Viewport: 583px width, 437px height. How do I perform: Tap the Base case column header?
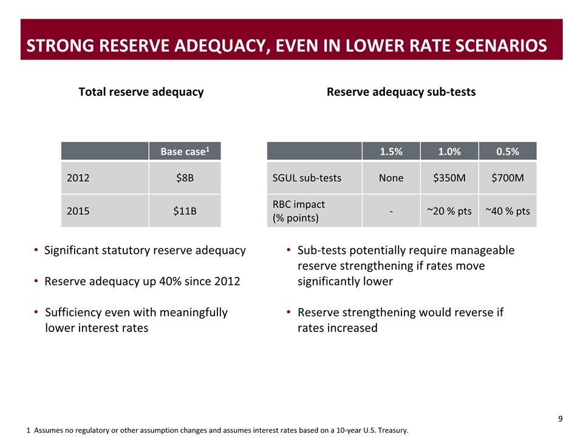click(185, 151)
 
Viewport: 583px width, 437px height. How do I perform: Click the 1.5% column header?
click(391, 151)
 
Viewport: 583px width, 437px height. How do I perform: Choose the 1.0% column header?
click(449, 151)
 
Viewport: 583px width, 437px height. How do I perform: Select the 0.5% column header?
click(508, 151)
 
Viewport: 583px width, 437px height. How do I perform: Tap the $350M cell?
click(449, 178)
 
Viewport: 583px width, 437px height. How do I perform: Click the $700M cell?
click(508, 178)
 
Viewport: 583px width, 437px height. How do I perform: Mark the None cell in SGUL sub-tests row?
click(391, 178)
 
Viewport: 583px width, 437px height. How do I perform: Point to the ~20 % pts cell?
click(449, 211)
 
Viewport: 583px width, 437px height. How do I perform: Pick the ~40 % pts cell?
click(508, 211)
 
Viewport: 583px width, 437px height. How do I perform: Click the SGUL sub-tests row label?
click(307, 178)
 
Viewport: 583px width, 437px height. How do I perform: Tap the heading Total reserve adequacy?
click(141, 92)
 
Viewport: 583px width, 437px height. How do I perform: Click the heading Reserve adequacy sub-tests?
click(401, 92)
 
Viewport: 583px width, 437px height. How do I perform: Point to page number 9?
click(560, 418)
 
